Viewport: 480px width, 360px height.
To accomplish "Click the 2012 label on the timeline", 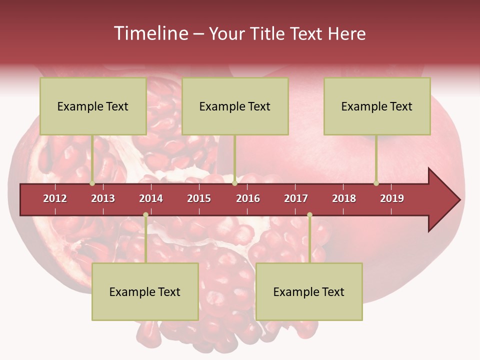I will pos(55,198).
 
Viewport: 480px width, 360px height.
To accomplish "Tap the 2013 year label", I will pos(103,198).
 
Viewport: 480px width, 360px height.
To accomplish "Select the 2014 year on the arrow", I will pos(151,198).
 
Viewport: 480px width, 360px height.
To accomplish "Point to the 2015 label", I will pos(199,198).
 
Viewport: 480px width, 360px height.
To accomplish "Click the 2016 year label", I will pos(248,198).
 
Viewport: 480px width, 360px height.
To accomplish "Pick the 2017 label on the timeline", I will pos(296,198).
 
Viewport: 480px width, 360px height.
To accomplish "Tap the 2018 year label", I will pos(344,198).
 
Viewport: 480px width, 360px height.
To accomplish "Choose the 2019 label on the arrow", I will pos(392,198).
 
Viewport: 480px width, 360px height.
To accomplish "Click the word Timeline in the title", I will pos(150,33).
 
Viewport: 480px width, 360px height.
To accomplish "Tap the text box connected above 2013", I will pos(93,106).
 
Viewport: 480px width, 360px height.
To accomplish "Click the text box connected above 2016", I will pos(235,106).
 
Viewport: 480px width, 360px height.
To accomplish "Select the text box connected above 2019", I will pos(377,106).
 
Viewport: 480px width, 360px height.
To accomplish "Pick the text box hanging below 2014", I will pos(145,291).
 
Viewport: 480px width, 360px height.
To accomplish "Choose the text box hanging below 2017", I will pos(309,291).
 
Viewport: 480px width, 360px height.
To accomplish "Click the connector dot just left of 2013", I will pos(92,183).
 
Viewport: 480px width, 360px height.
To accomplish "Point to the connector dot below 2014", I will pos(145,215).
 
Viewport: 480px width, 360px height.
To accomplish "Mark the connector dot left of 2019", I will pos(376,183).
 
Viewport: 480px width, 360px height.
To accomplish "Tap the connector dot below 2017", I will pos(309,215).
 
